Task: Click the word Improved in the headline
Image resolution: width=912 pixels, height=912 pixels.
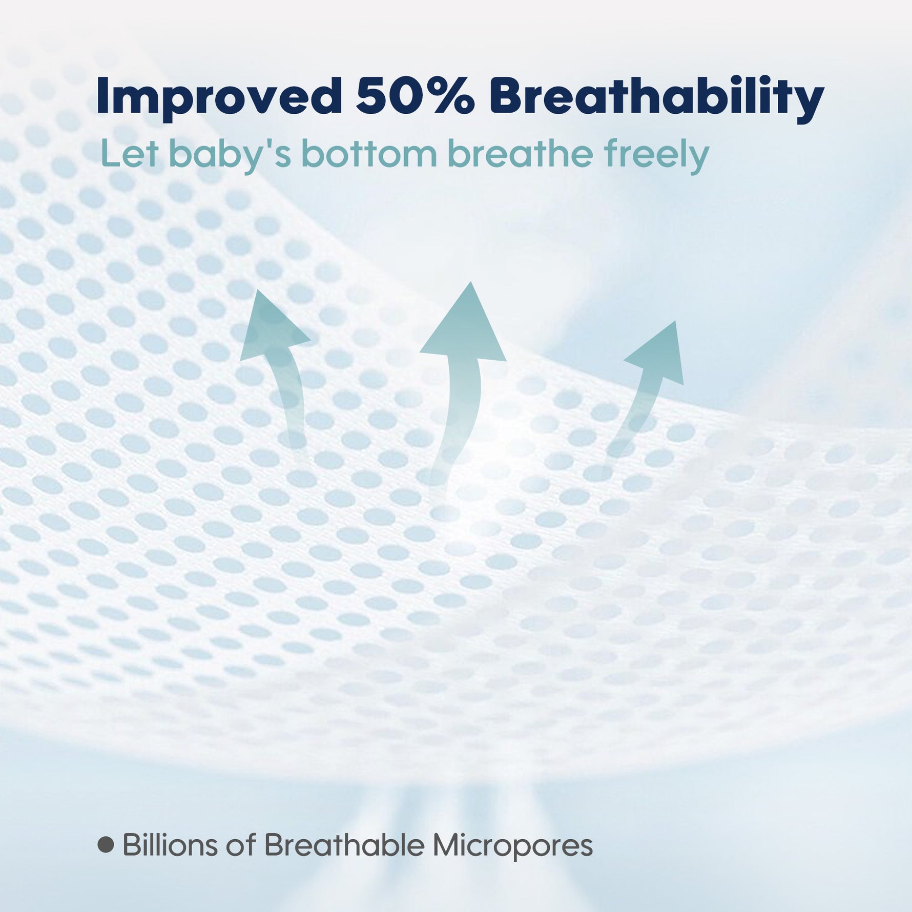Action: pos(219,96)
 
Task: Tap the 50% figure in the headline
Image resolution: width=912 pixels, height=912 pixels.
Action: pos(416,96)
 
